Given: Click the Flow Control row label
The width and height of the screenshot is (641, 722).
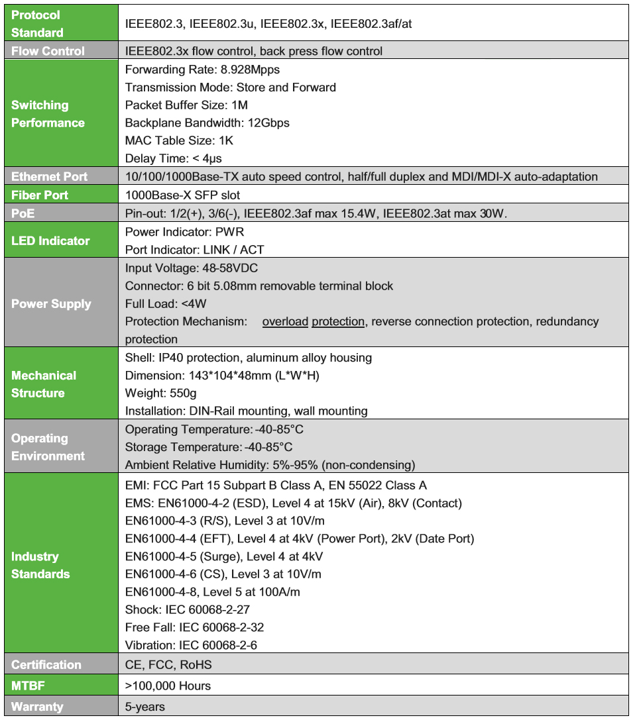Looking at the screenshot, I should [x=48, y=51].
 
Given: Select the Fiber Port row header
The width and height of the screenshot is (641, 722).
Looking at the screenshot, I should [x=40, y=195].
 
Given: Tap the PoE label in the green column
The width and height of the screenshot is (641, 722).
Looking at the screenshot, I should [x=23, y=213].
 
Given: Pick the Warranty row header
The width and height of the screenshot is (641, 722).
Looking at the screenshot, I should [x=37, y=706].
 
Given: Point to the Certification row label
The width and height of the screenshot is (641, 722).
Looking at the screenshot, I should [x=46, y=664].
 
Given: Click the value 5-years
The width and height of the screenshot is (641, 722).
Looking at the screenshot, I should [x=145, y=706].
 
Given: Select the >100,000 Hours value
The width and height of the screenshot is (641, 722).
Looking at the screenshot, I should [x=168, y=686].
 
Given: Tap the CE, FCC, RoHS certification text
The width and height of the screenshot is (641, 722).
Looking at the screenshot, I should [x=168, y=664].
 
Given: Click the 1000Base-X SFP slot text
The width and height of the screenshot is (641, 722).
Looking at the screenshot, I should [x=182, y=195].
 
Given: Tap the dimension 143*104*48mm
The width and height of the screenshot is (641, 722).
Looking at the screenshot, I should [x=224, y=376].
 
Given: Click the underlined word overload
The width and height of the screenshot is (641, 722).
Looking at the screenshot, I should [x=285, y=322].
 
